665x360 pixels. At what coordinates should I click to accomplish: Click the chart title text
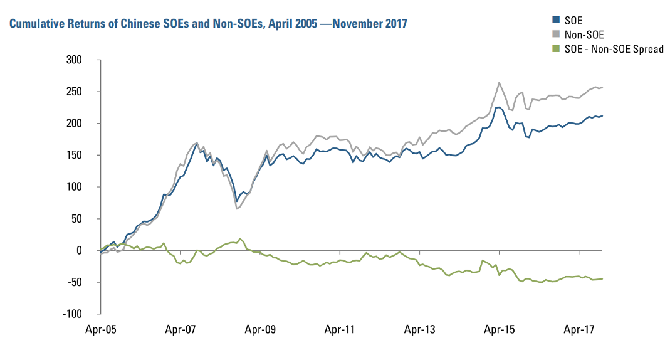(x=207, y=24)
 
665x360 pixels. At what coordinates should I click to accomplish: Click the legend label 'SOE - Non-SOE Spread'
(x=610, y=48)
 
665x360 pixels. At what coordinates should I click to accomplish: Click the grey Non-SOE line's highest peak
(x=499, y=82)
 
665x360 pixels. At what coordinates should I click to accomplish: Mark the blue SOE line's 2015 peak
(x=498, y=107)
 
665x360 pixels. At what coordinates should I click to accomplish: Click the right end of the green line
(x=603, y=278)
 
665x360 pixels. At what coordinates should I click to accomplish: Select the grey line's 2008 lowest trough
(x=236, y=208)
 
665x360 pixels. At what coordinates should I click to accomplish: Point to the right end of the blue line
(x=603, y=115)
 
